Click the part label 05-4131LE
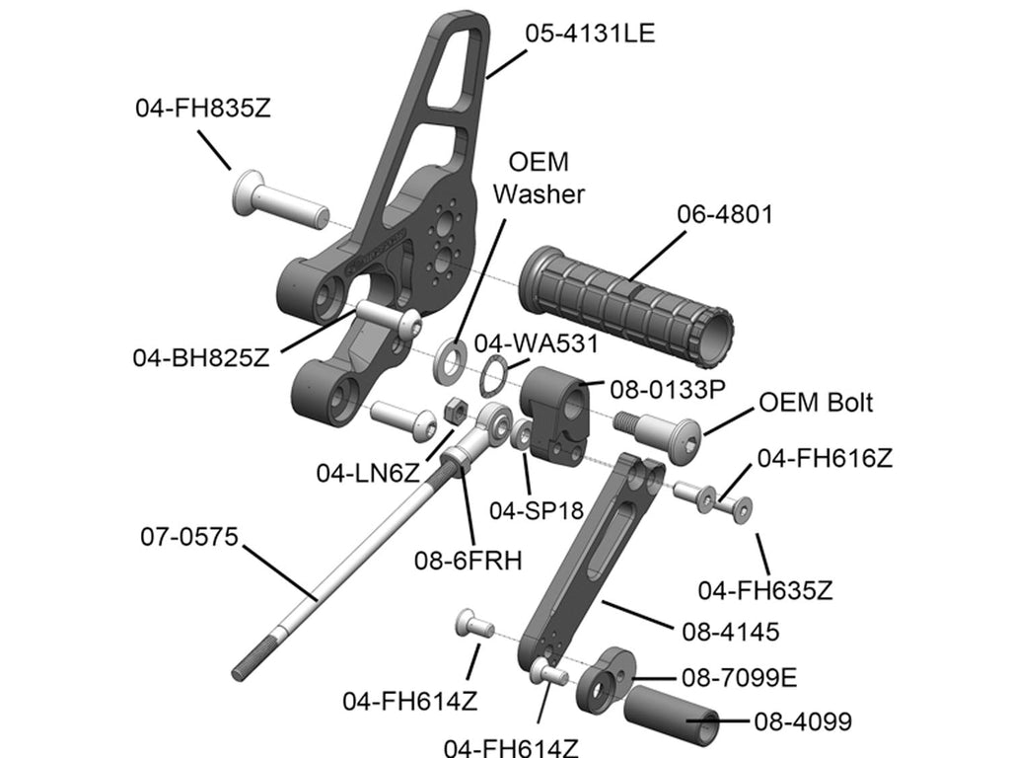pyautogui.click(x=590, y=33)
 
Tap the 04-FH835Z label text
pyautogui.click(x=202, y=109)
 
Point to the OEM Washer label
pyautogui.click(x=539, y=178)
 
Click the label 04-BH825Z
pyautogui.click(x=201, y=357)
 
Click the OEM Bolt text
pyautogui.click(x=815, y=403)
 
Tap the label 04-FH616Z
pyautogui.click(x=825, y=458)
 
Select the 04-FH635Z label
pyautogui.click(x=765, y=590)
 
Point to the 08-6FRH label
pyautogui.click(x=469, y=560)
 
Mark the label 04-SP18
pyautogui.click(x=538, y=509)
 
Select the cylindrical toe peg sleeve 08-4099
pyautogui.click(x=671, y=717)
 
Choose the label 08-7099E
pyautogui.click(x=740, y=679)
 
